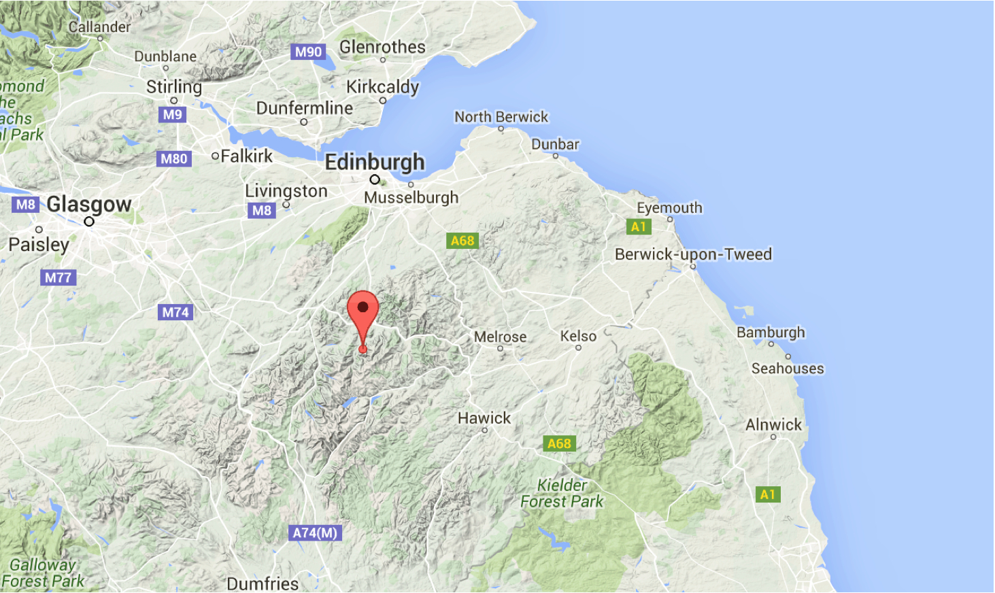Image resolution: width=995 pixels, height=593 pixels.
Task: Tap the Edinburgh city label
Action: tap(375, 162)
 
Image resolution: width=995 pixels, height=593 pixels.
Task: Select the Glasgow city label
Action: tap(89, 203)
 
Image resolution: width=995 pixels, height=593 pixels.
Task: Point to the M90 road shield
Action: tap(308, 52)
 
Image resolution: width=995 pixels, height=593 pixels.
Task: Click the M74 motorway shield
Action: tap(175, 312)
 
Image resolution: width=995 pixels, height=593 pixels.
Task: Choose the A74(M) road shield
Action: tap(315, 532)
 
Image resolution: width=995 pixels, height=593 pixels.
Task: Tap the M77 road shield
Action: tap(58, 277)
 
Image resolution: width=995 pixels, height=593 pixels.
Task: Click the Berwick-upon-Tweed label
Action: tap(693, 254)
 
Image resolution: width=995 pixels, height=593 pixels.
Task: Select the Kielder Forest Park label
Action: tap(562, 494)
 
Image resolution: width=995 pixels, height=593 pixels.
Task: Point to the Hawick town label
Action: tap(484, 418)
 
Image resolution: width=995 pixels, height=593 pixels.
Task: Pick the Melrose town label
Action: tap(500, 337)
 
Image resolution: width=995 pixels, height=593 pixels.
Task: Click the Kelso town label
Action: tap(578, 336)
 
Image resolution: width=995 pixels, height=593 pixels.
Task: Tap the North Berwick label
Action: tap(501, 117)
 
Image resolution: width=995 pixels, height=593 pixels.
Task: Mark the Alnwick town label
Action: tap(773, 424)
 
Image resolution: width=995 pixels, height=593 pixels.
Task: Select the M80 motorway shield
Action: tap(173, 158)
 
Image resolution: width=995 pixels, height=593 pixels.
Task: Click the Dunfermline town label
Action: tap(304, 107)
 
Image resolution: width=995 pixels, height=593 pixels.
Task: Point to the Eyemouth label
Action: tap(669, 207)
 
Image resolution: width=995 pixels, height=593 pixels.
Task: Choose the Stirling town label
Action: tap(174, 86)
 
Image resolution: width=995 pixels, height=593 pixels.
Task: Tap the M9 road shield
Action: tap(172, 114)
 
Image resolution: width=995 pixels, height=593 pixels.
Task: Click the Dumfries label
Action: tap(263, 583)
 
